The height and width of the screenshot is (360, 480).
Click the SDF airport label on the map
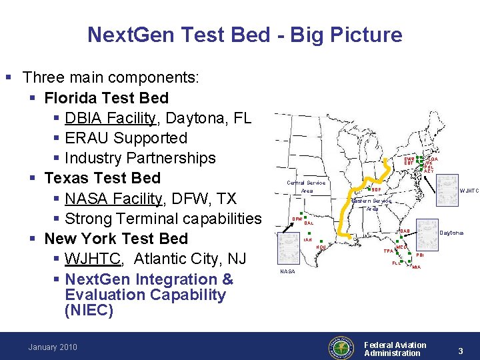coord(376,189)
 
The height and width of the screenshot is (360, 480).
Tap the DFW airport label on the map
coord(297,218)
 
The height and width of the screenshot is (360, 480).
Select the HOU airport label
coord(321,247)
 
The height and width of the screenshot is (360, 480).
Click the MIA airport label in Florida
coord(416,267)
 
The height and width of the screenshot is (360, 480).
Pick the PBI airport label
coord(419,255)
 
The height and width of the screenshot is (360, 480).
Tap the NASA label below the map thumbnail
coord(287,271)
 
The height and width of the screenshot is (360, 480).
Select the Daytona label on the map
coord(452,232)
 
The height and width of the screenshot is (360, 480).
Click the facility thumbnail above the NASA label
coord(289,249)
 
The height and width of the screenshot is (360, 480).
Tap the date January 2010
coord(53,347)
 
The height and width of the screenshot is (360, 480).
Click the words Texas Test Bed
coord(102,178)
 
